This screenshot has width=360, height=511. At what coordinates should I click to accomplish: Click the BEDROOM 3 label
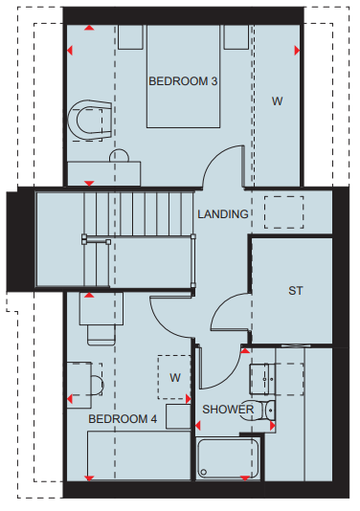click(x=183, y=81)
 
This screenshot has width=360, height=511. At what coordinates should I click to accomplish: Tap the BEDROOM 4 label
click(x=123, y=419)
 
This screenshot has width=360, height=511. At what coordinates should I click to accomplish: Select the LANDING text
click(x=223, y=214)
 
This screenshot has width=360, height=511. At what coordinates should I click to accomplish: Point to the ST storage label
click(x=296, y=290)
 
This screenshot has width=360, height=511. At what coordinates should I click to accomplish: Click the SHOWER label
click(x=228, y=410)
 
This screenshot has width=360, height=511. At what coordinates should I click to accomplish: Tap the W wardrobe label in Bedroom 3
click(x=277, y=101)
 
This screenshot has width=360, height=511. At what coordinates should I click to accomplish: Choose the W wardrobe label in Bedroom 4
click(x=175, y=378)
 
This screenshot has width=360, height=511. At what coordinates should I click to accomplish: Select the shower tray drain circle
click(x=204, y=472)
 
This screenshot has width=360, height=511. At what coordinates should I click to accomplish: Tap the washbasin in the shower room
click(x=263, y=379)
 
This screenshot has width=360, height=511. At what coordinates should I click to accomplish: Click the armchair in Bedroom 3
click(x=90, y=121)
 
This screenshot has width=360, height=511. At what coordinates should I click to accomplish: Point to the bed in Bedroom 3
click(x=183, y=76)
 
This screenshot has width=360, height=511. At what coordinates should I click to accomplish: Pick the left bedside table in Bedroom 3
click(x=130, y=37)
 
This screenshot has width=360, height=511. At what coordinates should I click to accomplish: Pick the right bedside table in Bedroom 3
click(x=236, y=37)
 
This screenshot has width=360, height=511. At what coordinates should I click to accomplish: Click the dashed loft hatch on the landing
click(x=284, y=212)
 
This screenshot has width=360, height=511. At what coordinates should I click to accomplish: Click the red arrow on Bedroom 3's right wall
click(x=297, y=51)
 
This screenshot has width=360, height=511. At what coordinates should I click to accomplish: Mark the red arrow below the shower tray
click(x=245, y=478)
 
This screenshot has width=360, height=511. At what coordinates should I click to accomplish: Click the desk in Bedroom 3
click(x=104, y=174)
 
